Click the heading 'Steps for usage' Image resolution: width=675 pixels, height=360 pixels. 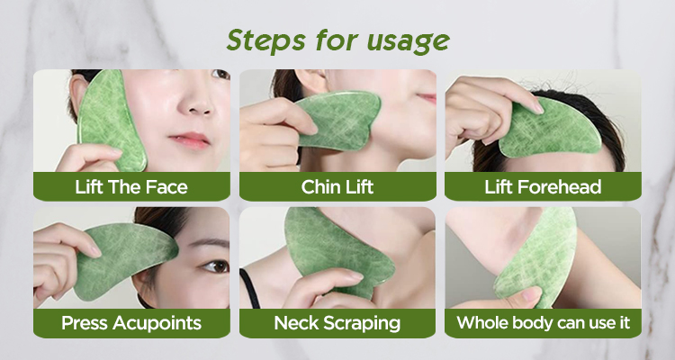click(x=337, y=41)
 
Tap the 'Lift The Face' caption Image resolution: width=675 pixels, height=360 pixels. click(x=131, y=187)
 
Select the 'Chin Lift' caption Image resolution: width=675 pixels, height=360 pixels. click(x=337, y=187)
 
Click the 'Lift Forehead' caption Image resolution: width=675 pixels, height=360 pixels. click(x=543, y=187)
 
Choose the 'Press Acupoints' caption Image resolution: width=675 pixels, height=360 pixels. click(x=131, y=322)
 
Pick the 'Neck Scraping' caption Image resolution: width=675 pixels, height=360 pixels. click(x=337, y=322)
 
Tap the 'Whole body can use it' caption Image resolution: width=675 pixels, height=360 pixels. click(x=543, y=322)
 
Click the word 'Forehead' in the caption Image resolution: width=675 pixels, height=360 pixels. click(x=564, y=187)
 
